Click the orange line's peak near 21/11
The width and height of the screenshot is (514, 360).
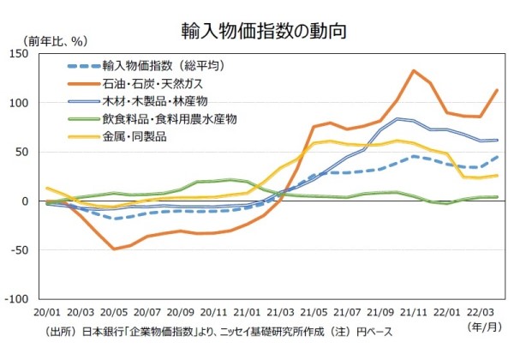[414, 70]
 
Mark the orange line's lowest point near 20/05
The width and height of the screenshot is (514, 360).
[113, 249]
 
